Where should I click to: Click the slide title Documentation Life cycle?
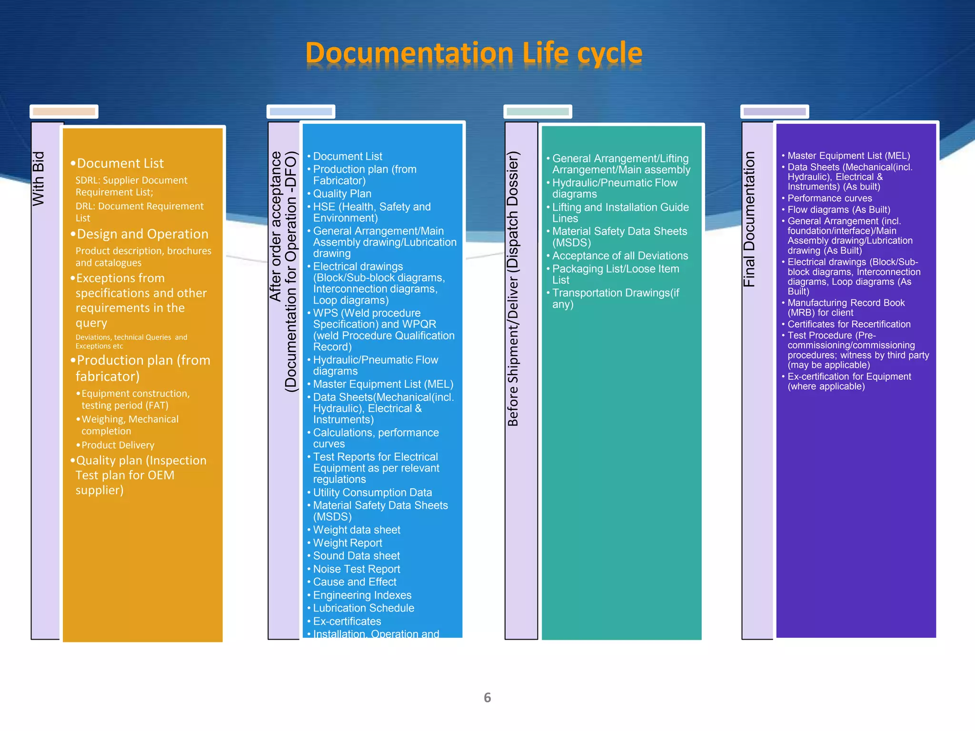point(474,53)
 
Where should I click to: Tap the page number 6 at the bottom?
point(487,698)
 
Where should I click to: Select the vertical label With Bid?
point(38,178)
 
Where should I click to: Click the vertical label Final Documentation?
point(749,219)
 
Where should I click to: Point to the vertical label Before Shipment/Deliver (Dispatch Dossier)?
point(512,288)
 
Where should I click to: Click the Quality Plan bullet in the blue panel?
point(342,194)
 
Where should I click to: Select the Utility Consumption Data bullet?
point(372,493)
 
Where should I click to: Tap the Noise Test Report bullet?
point(357,569)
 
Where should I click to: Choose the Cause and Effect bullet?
point(355,582)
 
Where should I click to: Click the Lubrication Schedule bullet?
point(363,608)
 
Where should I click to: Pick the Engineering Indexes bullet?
point(362,595)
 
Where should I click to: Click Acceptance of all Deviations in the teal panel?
point(620,256)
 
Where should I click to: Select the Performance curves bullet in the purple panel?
point(829,198)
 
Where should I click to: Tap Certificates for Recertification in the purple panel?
point(848,324)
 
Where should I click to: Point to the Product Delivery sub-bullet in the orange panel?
point(118,445)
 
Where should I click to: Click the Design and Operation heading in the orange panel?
point(142,234)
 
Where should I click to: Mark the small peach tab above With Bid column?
point(64,112)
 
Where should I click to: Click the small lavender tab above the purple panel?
point(775,112)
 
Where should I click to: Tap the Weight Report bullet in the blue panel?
point(348,543)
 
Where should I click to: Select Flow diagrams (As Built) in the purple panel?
point(838,210)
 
